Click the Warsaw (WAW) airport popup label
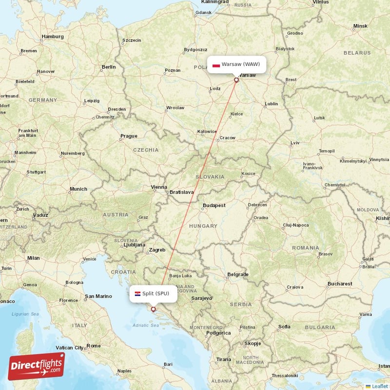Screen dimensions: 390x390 [x=237, y=64]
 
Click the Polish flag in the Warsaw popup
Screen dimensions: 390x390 [x=216, y=64]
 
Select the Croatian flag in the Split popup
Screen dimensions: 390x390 [x=137, y=293]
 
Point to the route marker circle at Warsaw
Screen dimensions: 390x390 [x=236, y=80]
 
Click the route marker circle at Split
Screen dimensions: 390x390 [x=153, y=309]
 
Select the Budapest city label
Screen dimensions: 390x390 [x=214, y=205]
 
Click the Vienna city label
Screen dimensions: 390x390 [x=159, y=187]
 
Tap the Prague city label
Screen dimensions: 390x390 [x=129, y=136]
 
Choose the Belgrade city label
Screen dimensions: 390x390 [x=238, y=274]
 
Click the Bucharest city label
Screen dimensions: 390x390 [x=340, y=283]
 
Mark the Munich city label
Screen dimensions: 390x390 [x=78, y=189]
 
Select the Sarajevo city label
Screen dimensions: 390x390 [x=201, y=297]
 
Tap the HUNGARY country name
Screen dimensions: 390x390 [x=203, y=226]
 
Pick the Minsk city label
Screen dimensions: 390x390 [x=360, y=26]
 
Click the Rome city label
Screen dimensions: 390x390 [x=93, y=346]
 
